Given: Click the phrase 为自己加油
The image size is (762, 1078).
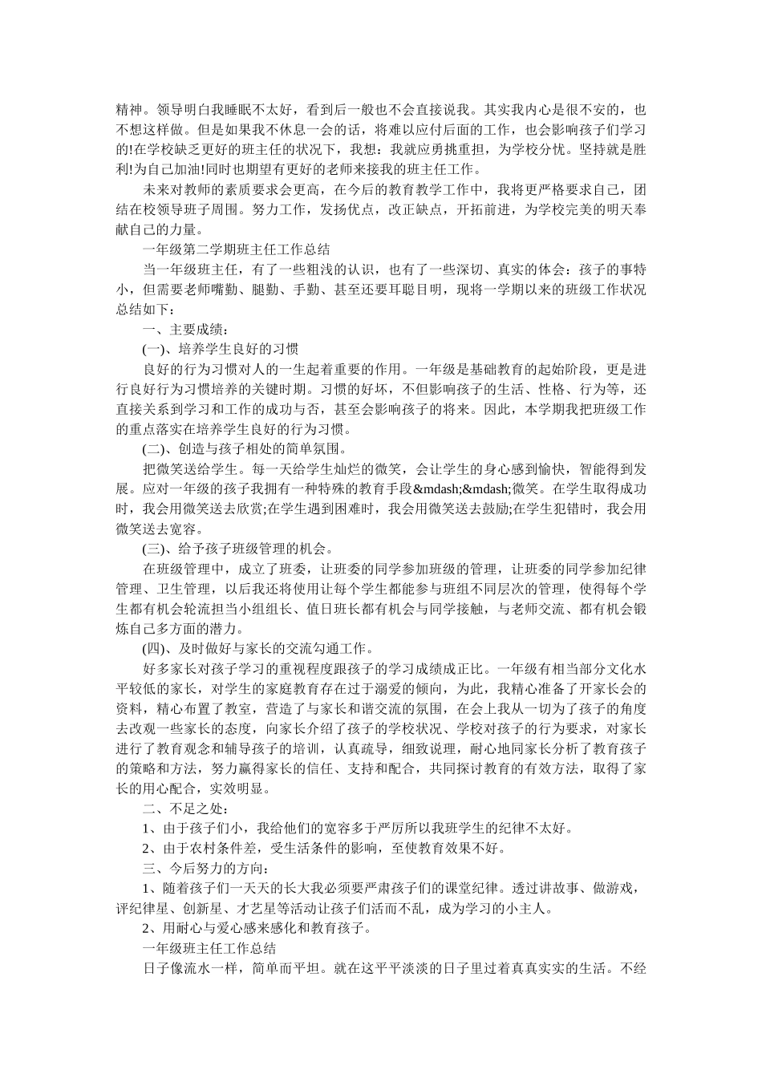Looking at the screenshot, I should coord(156,169).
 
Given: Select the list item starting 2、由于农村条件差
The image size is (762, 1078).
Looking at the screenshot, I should coord(324,848).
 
